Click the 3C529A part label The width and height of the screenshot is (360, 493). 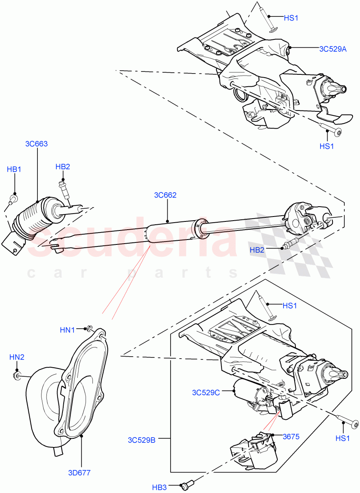tap(333, 49)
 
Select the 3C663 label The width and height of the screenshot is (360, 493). tap(36, 144)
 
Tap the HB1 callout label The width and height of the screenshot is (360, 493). tap(14, 169)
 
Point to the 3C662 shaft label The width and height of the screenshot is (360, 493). tap(165, 195)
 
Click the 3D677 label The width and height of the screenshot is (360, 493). tap(79, 472)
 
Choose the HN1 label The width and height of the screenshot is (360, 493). tap(68, 329)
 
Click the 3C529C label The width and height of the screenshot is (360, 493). tap(206, 392)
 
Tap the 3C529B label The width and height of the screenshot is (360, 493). tap(141, 440)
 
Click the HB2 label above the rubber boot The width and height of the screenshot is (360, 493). tap(63, 166)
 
